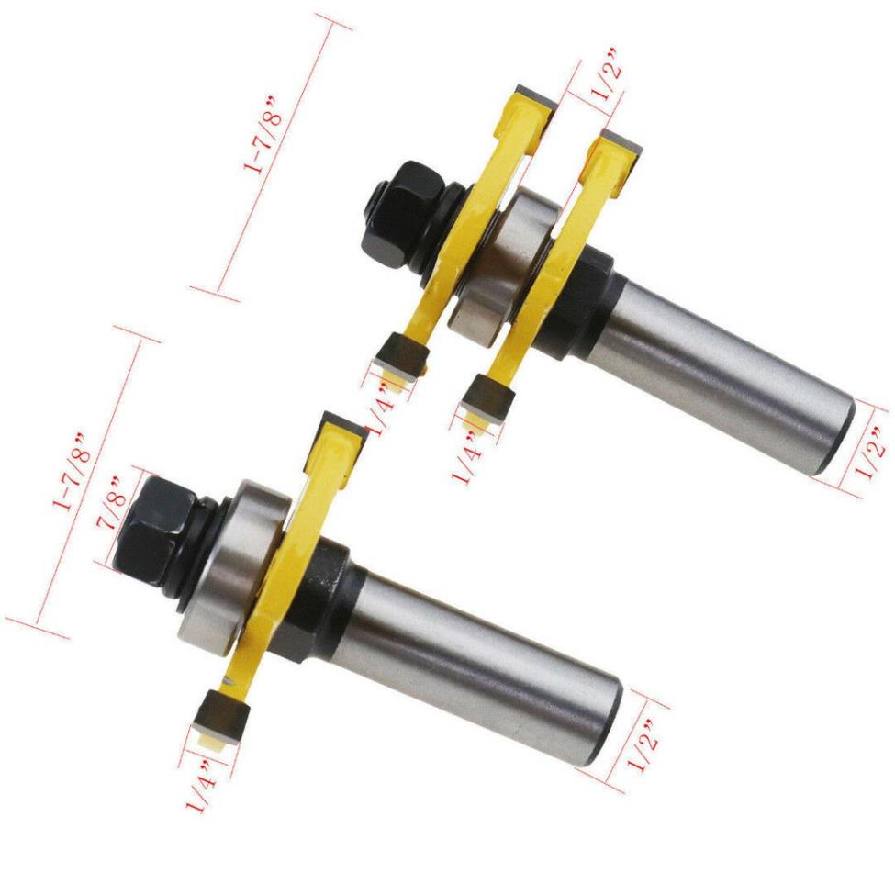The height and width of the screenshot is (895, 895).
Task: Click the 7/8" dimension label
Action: coord(112,502)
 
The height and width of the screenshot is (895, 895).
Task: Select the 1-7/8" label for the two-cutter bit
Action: coord(263,135)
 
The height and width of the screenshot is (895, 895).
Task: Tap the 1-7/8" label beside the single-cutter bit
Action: coord(72,471)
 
